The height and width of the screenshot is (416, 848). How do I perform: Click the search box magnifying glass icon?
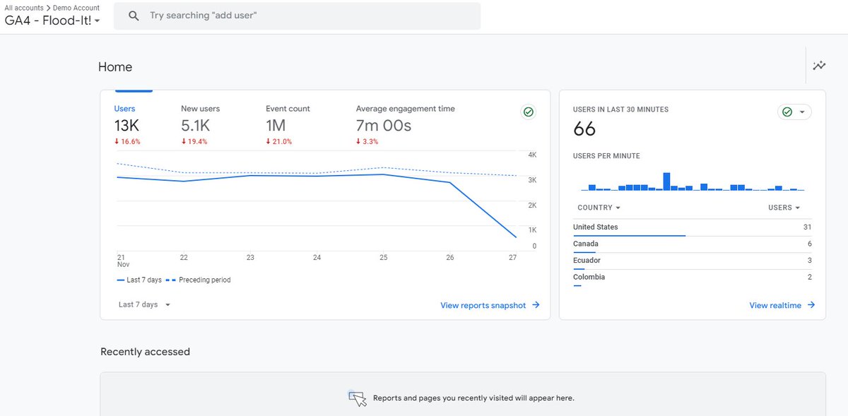click(134, 16)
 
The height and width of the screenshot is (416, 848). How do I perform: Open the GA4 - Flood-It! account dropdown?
click(52, 20)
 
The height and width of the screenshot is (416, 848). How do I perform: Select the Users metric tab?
click(124, 109)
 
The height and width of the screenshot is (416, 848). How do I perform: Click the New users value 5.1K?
click(195, 126)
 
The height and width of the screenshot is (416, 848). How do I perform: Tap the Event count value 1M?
click(276, 126)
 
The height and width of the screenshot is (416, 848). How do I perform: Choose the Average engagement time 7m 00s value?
click(383, 126)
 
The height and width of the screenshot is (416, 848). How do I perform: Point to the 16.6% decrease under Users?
click(127, 141)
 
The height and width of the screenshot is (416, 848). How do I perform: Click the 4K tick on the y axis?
click(532, 155)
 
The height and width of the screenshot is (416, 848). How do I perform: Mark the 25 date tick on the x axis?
click(383, 258)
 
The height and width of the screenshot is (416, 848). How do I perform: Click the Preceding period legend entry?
click(204, 280)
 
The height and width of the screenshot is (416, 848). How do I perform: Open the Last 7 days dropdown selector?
click(144, 304)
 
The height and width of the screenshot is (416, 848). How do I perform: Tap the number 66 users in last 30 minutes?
click(584, 129)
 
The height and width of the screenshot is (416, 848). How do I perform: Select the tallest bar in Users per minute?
click(666, 181)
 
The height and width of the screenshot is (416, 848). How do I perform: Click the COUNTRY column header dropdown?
click(599, 208)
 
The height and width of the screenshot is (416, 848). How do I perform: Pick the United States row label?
click(595, 227)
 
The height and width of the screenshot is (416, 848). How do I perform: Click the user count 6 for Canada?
click(809, 244)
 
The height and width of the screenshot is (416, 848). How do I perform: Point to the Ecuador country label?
click(587, 261)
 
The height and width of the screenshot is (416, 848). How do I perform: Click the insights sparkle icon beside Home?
click(819, 66)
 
